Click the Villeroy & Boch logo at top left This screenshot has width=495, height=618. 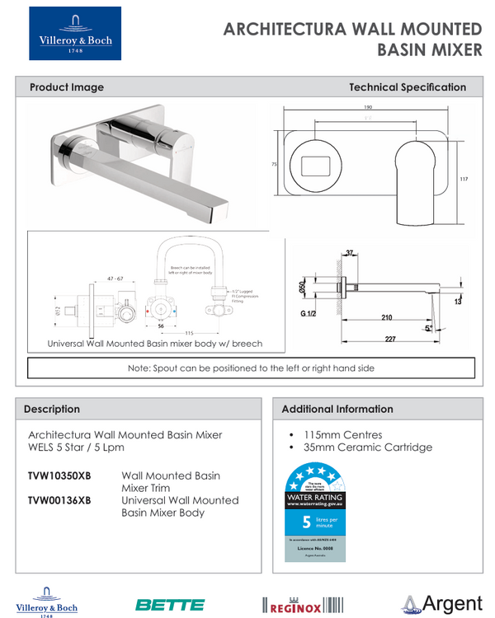(x=75, y=34)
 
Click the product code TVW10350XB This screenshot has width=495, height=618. (x=59, y=476)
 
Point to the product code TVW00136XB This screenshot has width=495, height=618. (x=59, y=500)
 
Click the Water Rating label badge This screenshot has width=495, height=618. (x=314, y=512)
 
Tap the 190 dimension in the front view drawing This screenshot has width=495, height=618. (x=367, y=107)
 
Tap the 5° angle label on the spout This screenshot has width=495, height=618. (x=427, y=327)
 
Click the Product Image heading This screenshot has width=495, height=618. (x=67, y=87)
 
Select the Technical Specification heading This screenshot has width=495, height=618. (x=408, y=87)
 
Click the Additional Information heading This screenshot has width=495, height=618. (x=337, y=409)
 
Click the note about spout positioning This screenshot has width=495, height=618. (x=251, y=368)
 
